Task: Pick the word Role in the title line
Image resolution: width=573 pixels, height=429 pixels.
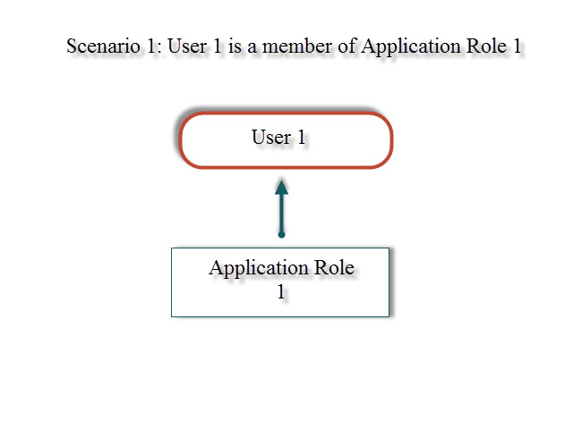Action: click(481, 46)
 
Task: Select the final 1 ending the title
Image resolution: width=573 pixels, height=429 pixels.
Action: click(517, 46)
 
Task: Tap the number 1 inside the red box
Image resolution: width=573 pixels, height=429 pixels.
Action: click(301, 138)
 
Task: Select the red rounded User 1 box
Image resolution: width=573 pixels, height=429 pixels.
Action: click(286, 140)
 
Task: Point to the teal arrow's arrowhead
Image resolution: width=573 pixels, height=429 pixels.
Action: click(281, 186)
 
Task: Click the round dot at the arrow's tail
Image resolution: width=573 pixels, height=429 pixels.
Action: click(281, 234)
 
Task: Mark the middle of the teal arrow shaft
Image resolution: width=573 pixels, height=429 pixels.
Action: click(281, 213)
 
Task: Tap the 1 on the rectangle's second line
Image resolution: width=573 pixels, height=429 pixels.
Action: click(280, 290)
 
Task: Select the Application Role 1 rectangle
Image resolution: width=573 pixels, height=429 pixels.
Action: click(280, 282)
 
